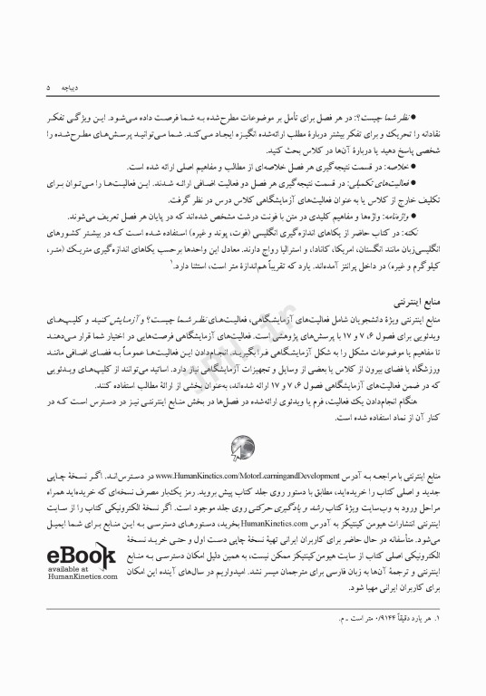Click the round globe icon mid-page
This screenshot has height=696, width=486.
pos(243,446)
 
